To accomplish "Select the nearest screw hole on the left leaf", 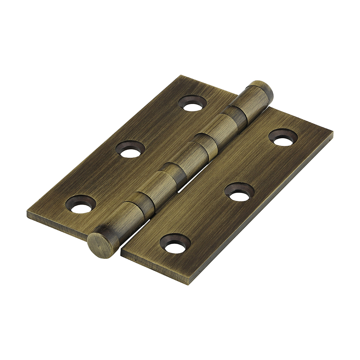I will [81, 205].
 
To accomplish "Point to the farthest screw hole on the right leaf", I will [283, 138].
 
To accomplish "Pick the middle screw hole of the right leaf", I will [239, 192].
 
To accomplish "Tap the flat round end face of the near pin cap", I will [98, 245].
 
